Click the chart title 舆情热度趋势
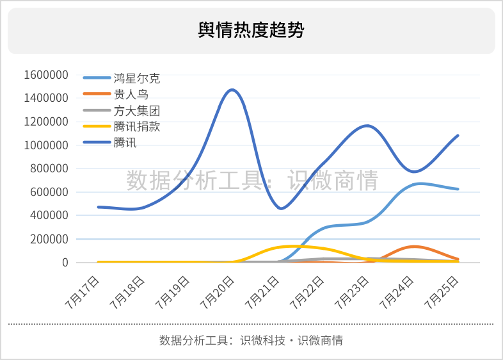[251, 30]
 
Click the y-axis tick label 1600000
[46, 75]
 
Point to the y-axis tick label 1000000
[46, 145]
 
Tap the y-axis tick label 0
[65, 263]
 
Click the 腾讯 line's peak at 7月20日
[232, 90]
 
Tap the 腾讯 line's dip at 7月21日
[280, 209]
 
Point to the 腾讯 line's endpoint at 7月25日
[458, 136]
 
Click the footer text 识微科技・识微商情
[291, 340]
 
